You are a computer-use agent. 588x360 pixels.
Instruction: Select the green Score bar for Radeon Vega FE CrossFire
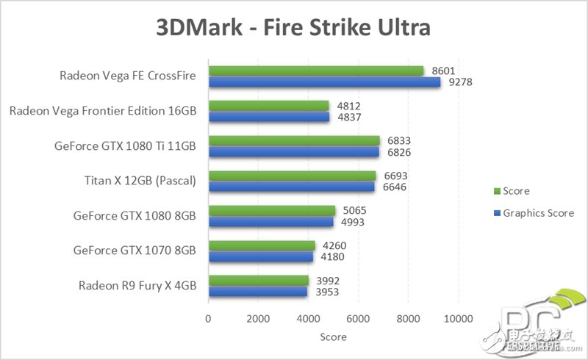click(316, 71)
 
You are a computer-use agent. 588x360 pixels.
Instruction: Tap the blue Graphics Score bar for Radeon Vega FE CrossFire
click(324, 82)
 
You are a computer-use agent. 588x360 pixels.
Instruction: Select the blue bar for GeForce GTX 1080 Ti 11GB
click(294, 151)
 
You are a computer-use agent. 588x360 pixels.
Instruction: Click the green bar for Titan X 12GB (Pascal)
click(293, 175)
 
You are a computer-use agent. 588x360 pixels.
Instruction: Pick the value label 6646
click(394, 187)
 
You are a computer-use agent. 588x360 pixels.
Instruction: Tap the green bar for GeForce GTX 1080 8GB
click(272, 210)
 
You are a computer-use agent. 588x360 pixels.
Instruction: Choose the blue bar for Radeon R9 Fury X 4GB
click(258, 292)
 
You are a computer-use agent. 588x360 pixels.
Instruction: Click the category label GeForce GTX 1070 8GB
click(135, 251)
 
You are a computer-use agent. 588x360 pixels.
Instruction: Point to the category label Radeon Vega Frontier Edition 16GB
click(103, 112)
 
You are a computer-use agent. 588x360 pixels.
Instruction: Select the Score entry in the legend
click(517, 191)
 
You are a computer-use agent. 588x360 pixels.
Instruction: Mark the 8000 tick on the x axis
click(408, 319)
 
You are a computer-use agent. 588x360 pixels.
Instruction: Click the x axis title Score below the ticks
click(333, 337)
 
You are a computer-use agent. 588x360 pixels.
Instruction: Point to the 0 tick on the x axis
click(209, 319)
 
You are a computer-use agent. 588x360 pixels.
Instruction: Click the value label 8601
click(442, 71)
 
